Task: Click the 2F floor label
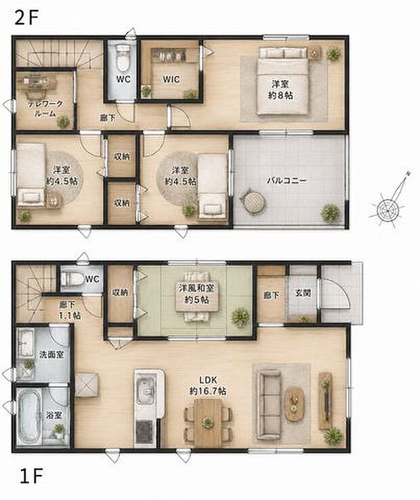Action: click(x=27, y=18)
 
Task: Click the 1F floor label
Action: click(x=31, y=477)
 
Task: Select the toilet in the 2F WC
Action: click(x=123, y=58)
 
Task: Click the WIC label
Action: click(x=171, y=79)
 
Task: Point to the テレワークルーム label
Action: click(x=45, y=108)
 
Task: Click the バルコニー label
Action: click(x=287, y=180)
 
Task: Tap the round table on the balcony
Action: click(x=253, y=202)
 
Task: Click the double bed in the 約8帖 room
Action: click(x=283, y=81)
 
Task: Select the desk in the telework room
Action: click(x=36, y=82)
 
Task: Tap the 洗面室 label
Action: click(x=51, y=354)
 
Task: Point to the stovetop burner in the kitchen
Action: click(x=145, y=431)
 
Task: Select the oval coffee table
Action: click(x=294, y=403)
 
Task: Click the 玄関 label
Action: click(x=302, y=293)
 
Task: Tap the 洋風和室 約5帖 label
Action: click(x=196, y=294)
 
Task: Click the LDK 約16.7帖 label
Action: click(x=208, y=386)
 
